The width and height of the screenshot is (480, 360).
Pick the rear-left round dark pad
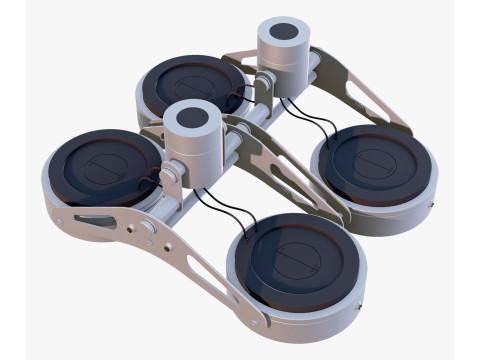coord(194,85)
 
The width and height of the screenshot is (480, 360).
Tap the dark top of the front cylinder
coord(191,113)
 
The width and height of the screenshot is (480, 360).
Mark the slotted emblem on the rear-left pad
coord(196,84)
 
